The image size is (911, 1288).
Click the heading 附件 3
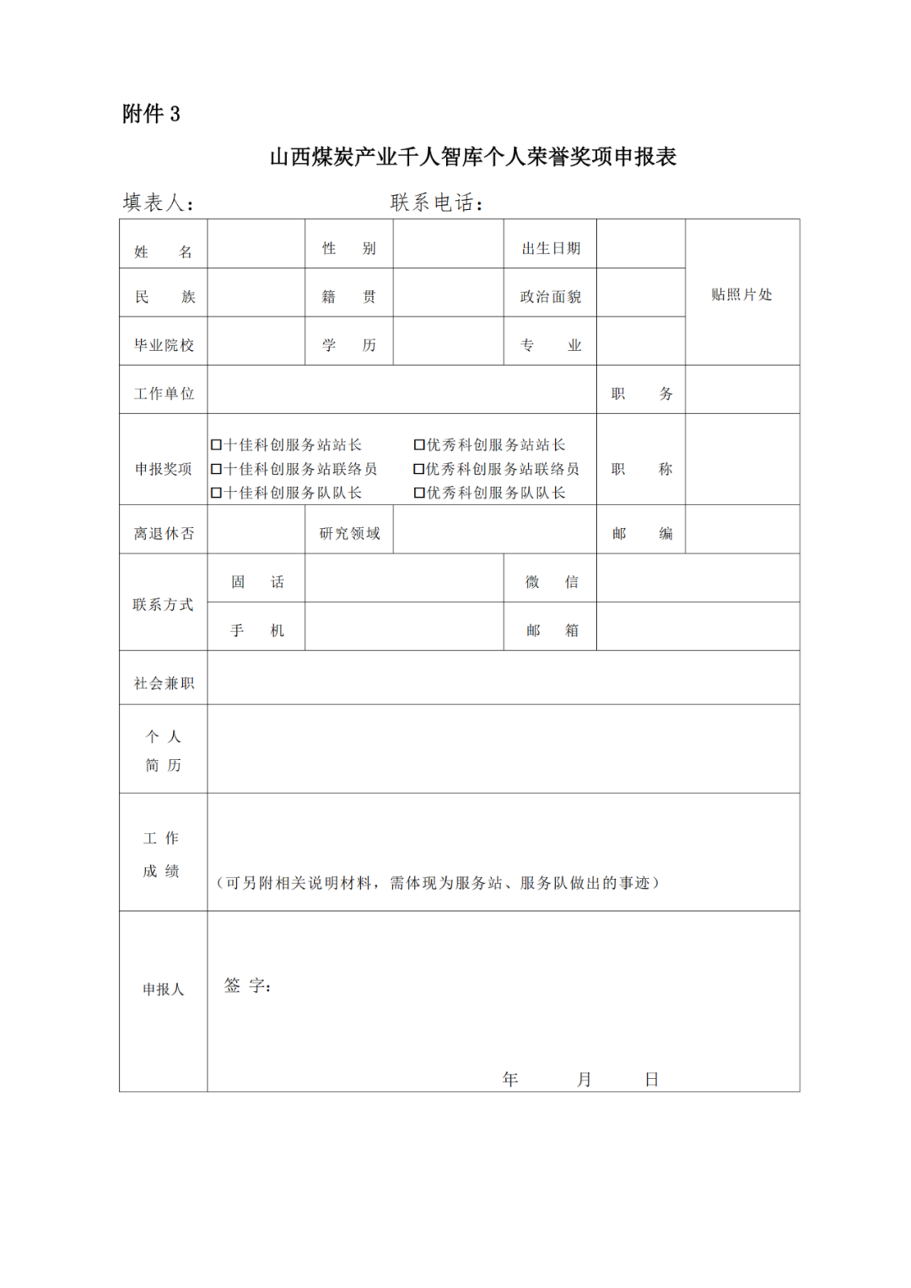pos(151,114)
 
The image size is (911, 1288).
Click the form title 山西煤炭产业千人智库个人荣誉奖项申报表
pos(472,157)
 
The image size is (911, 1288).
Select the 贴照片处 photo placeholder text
pos(741,294)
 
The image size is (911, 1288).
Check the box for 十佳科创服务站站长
pos(217,445)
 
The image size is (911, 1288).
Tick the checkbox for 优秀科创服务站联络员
pos(419,469)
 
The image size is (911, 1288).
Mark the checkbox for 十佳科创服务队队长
pos(217,493)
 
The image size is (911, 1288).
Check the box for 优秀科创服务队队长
pos(419,493)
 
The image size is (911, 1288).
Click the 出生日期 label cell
pos(551,248)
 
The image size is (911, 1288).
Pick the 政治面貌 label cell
pos(551,297)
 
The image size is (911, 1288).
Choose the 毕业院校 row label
pos(164,345)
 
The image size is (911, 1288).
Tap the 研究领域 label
pos(349,533)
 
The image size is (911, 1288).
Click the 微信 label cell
pos(551,582)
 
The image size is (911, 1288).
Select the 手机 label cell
pos(256,630)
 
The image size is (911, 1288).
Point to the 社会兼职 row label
pos(164,683)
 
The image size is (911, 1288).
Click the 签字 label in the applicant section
pos(247,986)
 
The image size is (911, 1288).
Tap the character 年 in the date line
pos(510,1079)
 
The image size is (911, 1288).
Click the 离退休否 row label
pos(164,533)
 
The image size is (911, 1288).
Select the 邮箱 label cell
pos(551,630)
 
